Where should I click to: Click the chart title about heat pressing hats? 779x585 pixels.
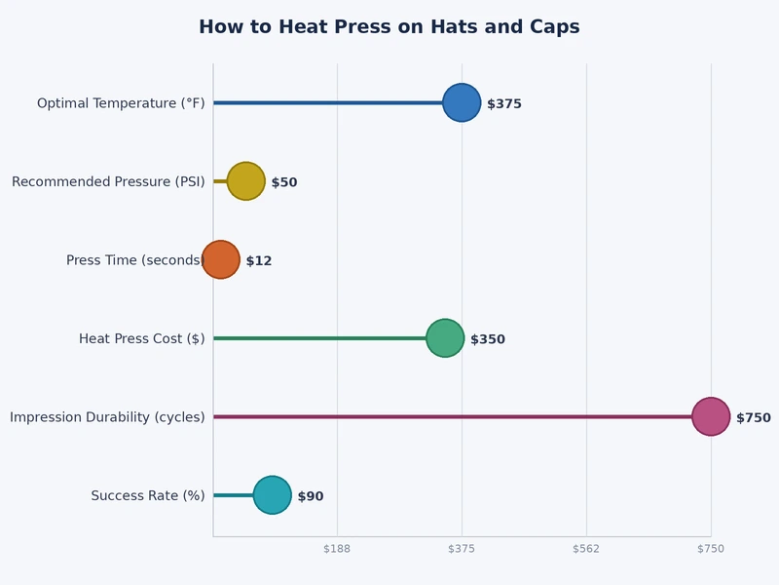click(x=389, y=27)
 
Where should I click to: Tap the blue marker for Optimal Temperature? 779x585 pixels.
click(x=462, y=102)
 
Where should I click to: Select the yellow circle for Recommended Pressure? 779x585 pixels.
click(x=245, y=181)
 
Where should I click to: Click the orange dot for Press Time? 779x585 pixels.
click(x=221, y=259)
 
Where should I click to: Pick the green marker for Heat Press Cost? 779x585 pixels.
click(x=445, y=338)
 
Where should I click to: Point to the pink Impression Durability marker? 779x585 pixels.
click(x=711, y=416)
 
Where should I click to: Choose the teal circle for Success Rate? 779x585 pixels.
click(x=272, y=495)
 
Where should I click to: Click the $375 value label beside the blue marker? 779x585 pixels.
click(x=504, y=103)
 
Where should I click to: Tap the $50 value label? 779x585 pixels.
click(x=284, y=182)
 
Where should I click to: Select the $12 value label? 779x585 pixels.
click(x=259, y=261)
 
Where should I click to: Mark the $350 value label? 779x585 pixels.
click(x=488, y=339)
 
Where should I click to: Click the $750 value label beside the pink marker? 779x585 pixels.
click(x=753, y=417)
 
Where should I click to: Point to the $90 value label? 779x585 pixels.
click(x=311, y=496)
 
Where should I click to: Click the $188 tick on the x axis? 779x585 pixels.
click(x=337, y=549)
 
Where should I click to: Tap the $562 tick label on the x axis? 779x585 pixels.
click(x=586, y=549)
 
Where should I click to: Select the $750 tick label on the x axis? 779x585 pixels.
click(x=711, y=549)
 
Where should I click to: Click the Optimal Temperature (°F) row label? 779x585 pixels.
click(x=121, y=103)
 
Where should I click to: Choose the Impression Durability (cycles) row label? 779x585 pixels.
click(x=107, y=417)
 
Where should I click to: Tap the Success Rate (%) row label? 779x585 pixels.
click(x=148, y=495)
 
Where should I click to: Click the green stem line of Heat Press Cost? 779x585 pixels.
click(x=321, y=338)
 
